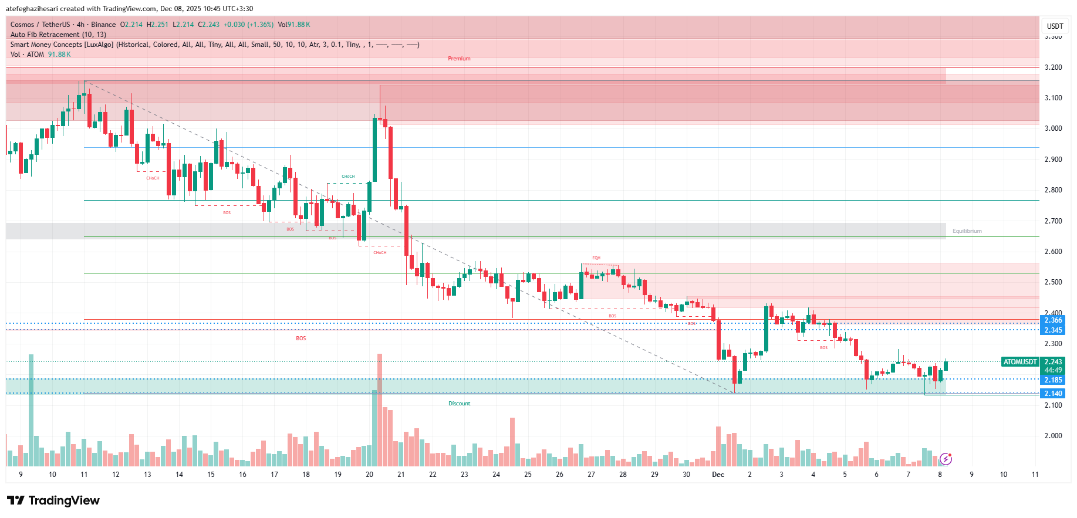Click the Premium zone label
[459, 59]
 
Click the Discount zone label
[459, 404]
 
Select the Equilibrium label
[967, 231]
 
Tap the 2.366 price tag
[1053, 320]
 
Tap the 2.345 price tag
[1053, 330]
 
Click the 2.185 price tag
[1053, 380]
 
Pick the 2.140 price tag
[1053, 394]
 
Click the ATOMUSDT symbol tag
[1019, 362]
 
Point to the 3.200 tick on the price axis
[1053, 67]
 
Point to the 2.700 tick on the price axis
[1053, 221]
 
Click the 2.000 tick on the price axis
[1053, 436]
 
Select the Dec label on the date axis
[718, 475]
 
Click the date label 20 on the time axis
[369, 475]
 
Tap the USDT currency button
[1055, 26]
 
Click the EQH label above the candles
[596, 258]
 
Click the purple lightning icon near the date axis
[946, 459]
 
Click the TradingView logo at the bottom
[53, 500]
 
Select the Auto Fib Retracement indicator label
[58, 35]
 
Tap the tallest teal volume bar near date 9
[31, 411]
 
